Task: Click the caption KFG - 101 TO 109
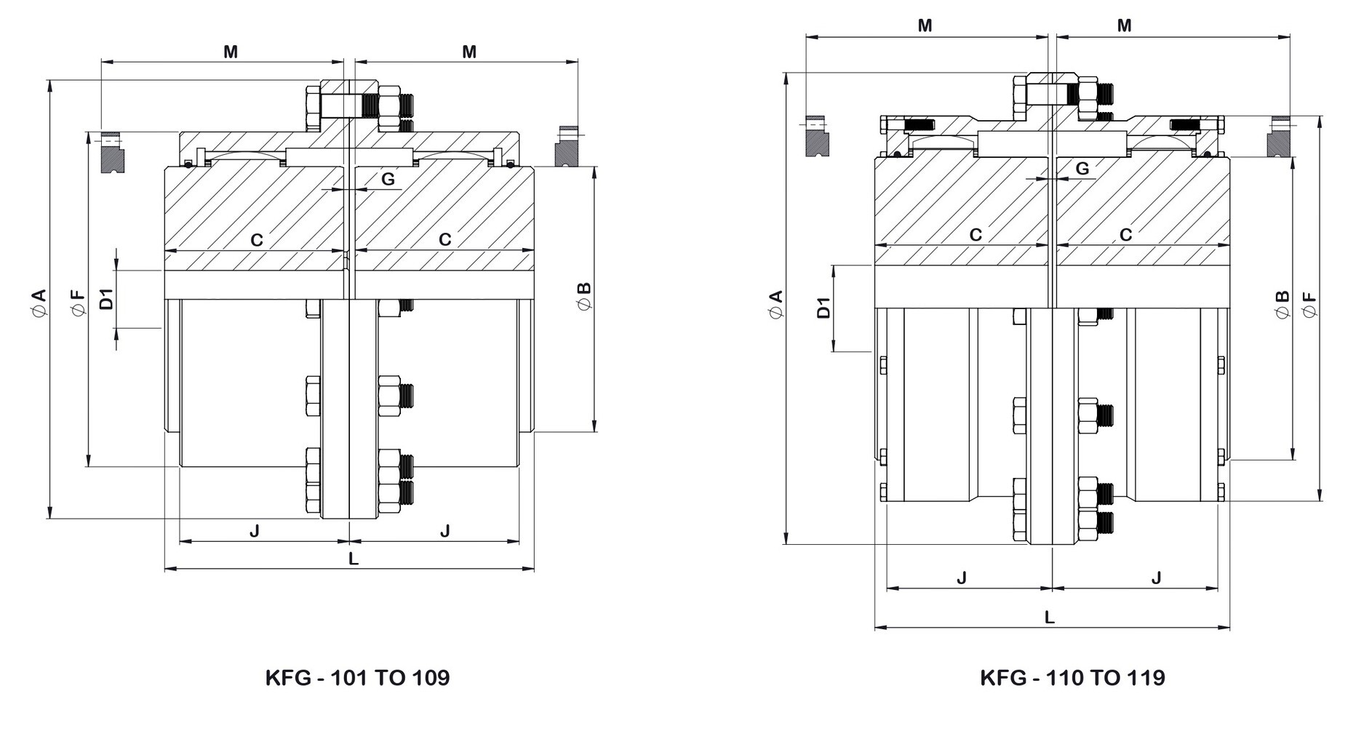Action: pos(357,678)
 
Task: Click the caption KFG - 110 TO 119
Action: pos(1072,678)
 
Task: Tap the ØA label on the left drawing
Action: pos(39,302)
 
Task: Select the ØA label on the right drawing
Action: pos(775,304)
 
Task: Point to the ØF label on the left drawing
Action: pos(77,302)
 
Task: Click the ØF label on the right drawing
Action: pos(1309,304)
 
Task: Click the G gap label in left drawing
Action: pos(388,179)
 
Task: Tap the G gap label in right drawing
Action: pos(1082,169)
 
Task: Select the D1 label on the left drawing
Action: pos(106,299)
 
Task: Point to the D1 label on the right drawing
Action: pos(823,308)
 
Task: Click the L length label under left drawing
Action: pos(354,559)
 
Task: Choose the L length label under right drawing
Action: pos(1050,617)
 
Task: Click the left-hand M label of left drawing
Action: pos(230,52)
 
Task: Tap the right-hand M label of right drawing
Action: pos(1124,26)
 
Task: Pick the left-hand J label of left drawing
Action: pos(254,531)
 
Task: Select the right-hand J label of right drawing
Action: pos(1156,578)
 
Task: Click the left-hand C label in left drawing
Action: pos(257,240)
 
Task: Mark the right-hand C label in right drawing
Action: pos(1125,235)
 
